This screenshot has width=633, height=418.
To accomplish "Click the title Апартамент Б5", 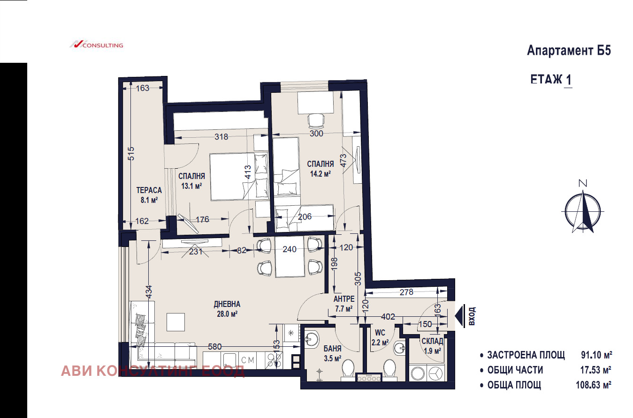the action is [569, 51].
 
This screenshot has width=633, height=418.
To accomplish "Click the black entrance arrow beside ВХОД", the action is [459, 316].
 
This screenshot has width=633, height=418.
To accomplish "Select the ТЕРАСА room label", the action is [149, 190].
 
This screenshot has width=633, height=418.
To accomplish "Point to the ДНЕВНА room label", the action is [227, 304].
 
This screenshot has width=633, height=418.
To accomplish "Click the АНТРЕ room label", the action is [344, 299].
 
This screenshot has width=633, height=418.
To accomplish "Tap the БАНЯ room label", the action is [333, 349].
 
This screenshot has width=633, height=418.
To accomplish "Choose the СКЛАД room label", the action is [432, 341].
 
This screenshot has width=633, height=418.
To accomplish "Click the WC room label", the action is [380, 333].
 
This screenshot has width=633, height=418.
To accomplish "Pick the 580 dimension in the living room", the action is [215, 347].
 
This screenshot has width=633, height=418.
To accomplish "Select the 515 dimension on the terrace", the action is [131, 154].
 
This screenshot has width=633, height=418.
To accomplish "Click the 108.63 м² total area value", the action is [594, 385].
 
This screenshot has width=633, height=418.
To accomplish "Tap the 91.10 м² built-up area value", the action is [596, 355].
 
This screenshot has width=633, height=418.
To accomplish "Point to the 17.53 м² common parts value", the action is [596, 370].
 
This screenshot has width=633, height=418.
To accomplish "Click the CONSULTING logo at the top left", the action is [97, 45].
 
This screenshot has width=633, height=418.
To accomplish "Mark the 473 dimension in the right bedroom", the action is [343, 161].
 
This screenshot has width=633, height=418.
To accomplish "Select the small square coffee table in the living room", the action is [175, 322].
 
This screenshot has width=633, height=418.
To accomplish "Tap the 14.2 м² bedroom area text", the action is [320, 174].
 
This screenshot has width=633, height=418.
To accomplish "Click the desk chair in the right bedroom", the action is [316, 120].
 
